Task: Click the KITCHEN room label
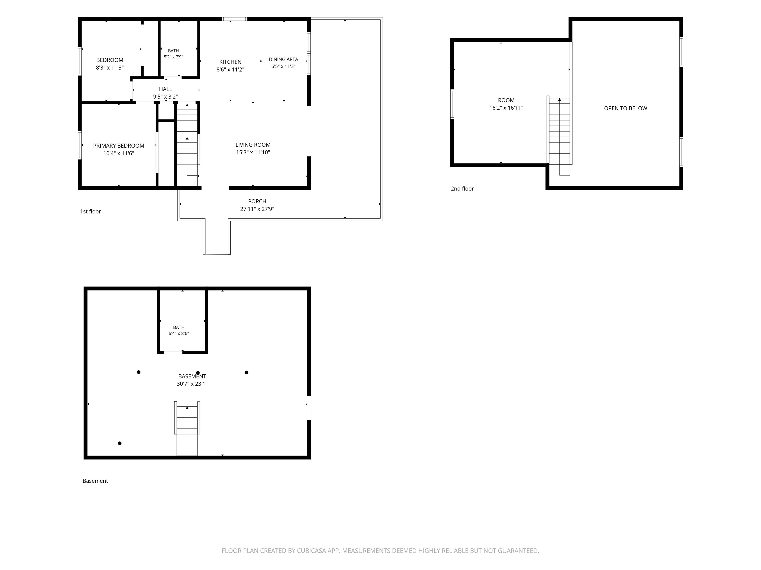pos(230,62)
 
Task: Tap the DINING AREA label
pos(283,59)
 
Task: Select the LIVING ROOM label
pos(253,145)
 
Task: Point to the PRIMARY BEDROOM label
pos(118,146)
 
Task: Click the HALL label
pos(165,89)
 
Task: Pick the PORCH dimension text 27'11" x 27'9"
pos(257,209)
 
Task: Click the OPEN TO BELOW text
pos(625,108)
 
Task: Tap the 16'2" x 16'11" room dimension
pos(506,108)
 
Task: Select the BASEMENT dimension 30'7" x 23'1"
pos(192,384)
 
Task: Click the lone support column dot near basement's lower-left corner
pos(120,443)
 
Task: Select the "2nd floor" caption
pos(462,189)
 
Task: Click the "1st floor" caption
pos(90,211)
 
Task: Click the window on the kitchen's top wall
pos(234,19)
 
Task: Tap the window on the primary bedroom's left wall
pos(80,145)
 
